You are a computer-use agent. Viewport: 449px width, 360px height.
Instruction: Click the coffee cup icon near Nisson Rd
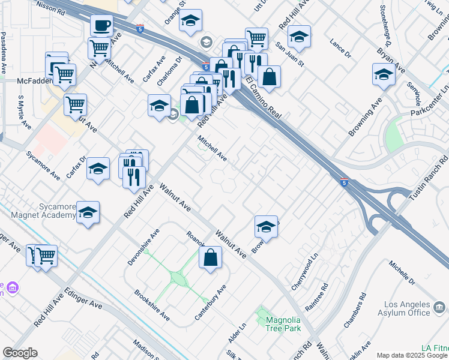pyautogui.click(x=101, y=26)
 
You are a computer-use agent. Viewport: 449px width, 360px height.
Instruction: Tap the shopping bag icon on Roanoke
pyautogui.click(x=211, y=258)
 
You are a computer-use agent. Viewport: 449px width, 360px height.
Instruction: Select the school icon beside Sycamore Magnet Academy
pyautogui.click(x=88, y=213)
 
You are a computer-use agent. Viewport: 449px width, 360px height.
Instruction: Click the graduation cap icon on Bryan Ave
pyautogui.click(x=384, y=75)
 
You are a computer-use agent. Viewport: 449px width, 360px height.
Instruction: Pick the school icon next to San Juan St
pyautogui.click(x=299, y=37)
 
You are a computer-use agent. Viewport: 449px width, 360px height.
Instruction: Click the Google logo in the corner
pyautogui.click(x=20, y=353)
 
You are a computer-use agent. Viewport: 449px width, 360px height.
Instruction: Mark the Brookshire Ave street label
pyautogui.click(x=151, y=305)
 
